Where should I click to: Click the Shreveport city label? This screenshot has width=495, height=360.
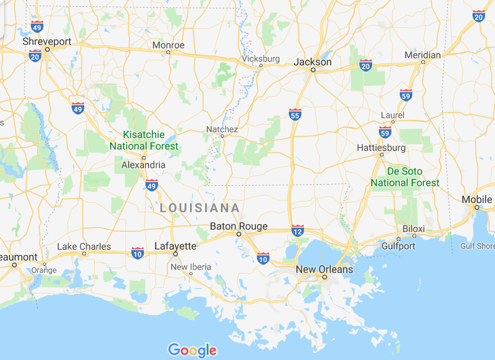pyautogui.click(x=47, y=41)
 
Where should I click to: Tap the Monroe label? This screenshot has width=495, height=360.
pyautogui.click(x=168, y=45)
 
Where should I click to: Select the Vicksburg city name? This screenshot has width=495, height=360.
pyautogui.click(x=261, y=59)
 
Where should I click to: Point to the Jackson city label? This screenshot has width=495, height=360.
pyautogui.click(x=312, y=62)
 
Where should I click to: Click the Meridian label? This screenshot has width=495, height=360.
pyautogui.click(x=423, y=55)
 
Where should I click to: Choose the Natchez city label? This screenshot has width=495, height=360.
pyautogui.click(x=222, y=129)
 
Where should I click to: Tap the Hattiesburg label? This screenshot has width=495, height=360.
pyautogui.click(x=381, y=148)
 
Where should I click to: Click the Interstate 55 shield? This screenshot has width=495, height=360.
pyautogui.click(x=295, y=115)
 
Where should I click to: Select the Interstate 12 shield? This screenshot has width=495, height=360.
pyautogui.click(x=298, y=230)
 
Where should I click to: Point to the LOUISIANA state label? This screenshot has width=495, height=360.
pyautogui.click(x=200, y=208)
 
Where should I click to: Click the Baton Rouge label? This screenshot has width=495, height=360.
pyautogui.click(x=239, y=227)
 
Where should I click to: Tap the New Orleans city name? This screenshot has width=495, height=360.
pyautogui.click(x=324, y=269)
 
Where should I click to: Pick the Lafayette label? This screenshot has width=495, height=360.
pyautogui.click(x=175, y=246)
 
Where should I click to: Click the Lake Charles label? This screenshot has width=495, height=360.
pyautogui.click(x=84, y=246)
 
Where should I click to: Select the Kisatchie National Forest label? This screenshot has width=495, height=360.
pyautogui.click(x=144, y=141)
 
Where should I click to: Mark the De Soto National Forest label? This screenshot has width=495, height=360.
pyautogui.click(x=405, y=177)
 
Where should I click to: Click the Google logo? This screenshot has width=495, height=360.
pyautogui.click(x=192, y=350)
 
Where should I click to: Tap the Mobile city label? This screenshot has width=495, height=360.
pyautogui.click(x=477, y=199)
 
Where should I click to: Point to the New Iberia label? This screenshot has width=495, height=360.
pyautogui.click(x=191, y=267)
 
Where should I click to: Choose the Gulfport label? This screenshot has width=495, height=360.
pyautogui.click(x=398, y=246)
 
